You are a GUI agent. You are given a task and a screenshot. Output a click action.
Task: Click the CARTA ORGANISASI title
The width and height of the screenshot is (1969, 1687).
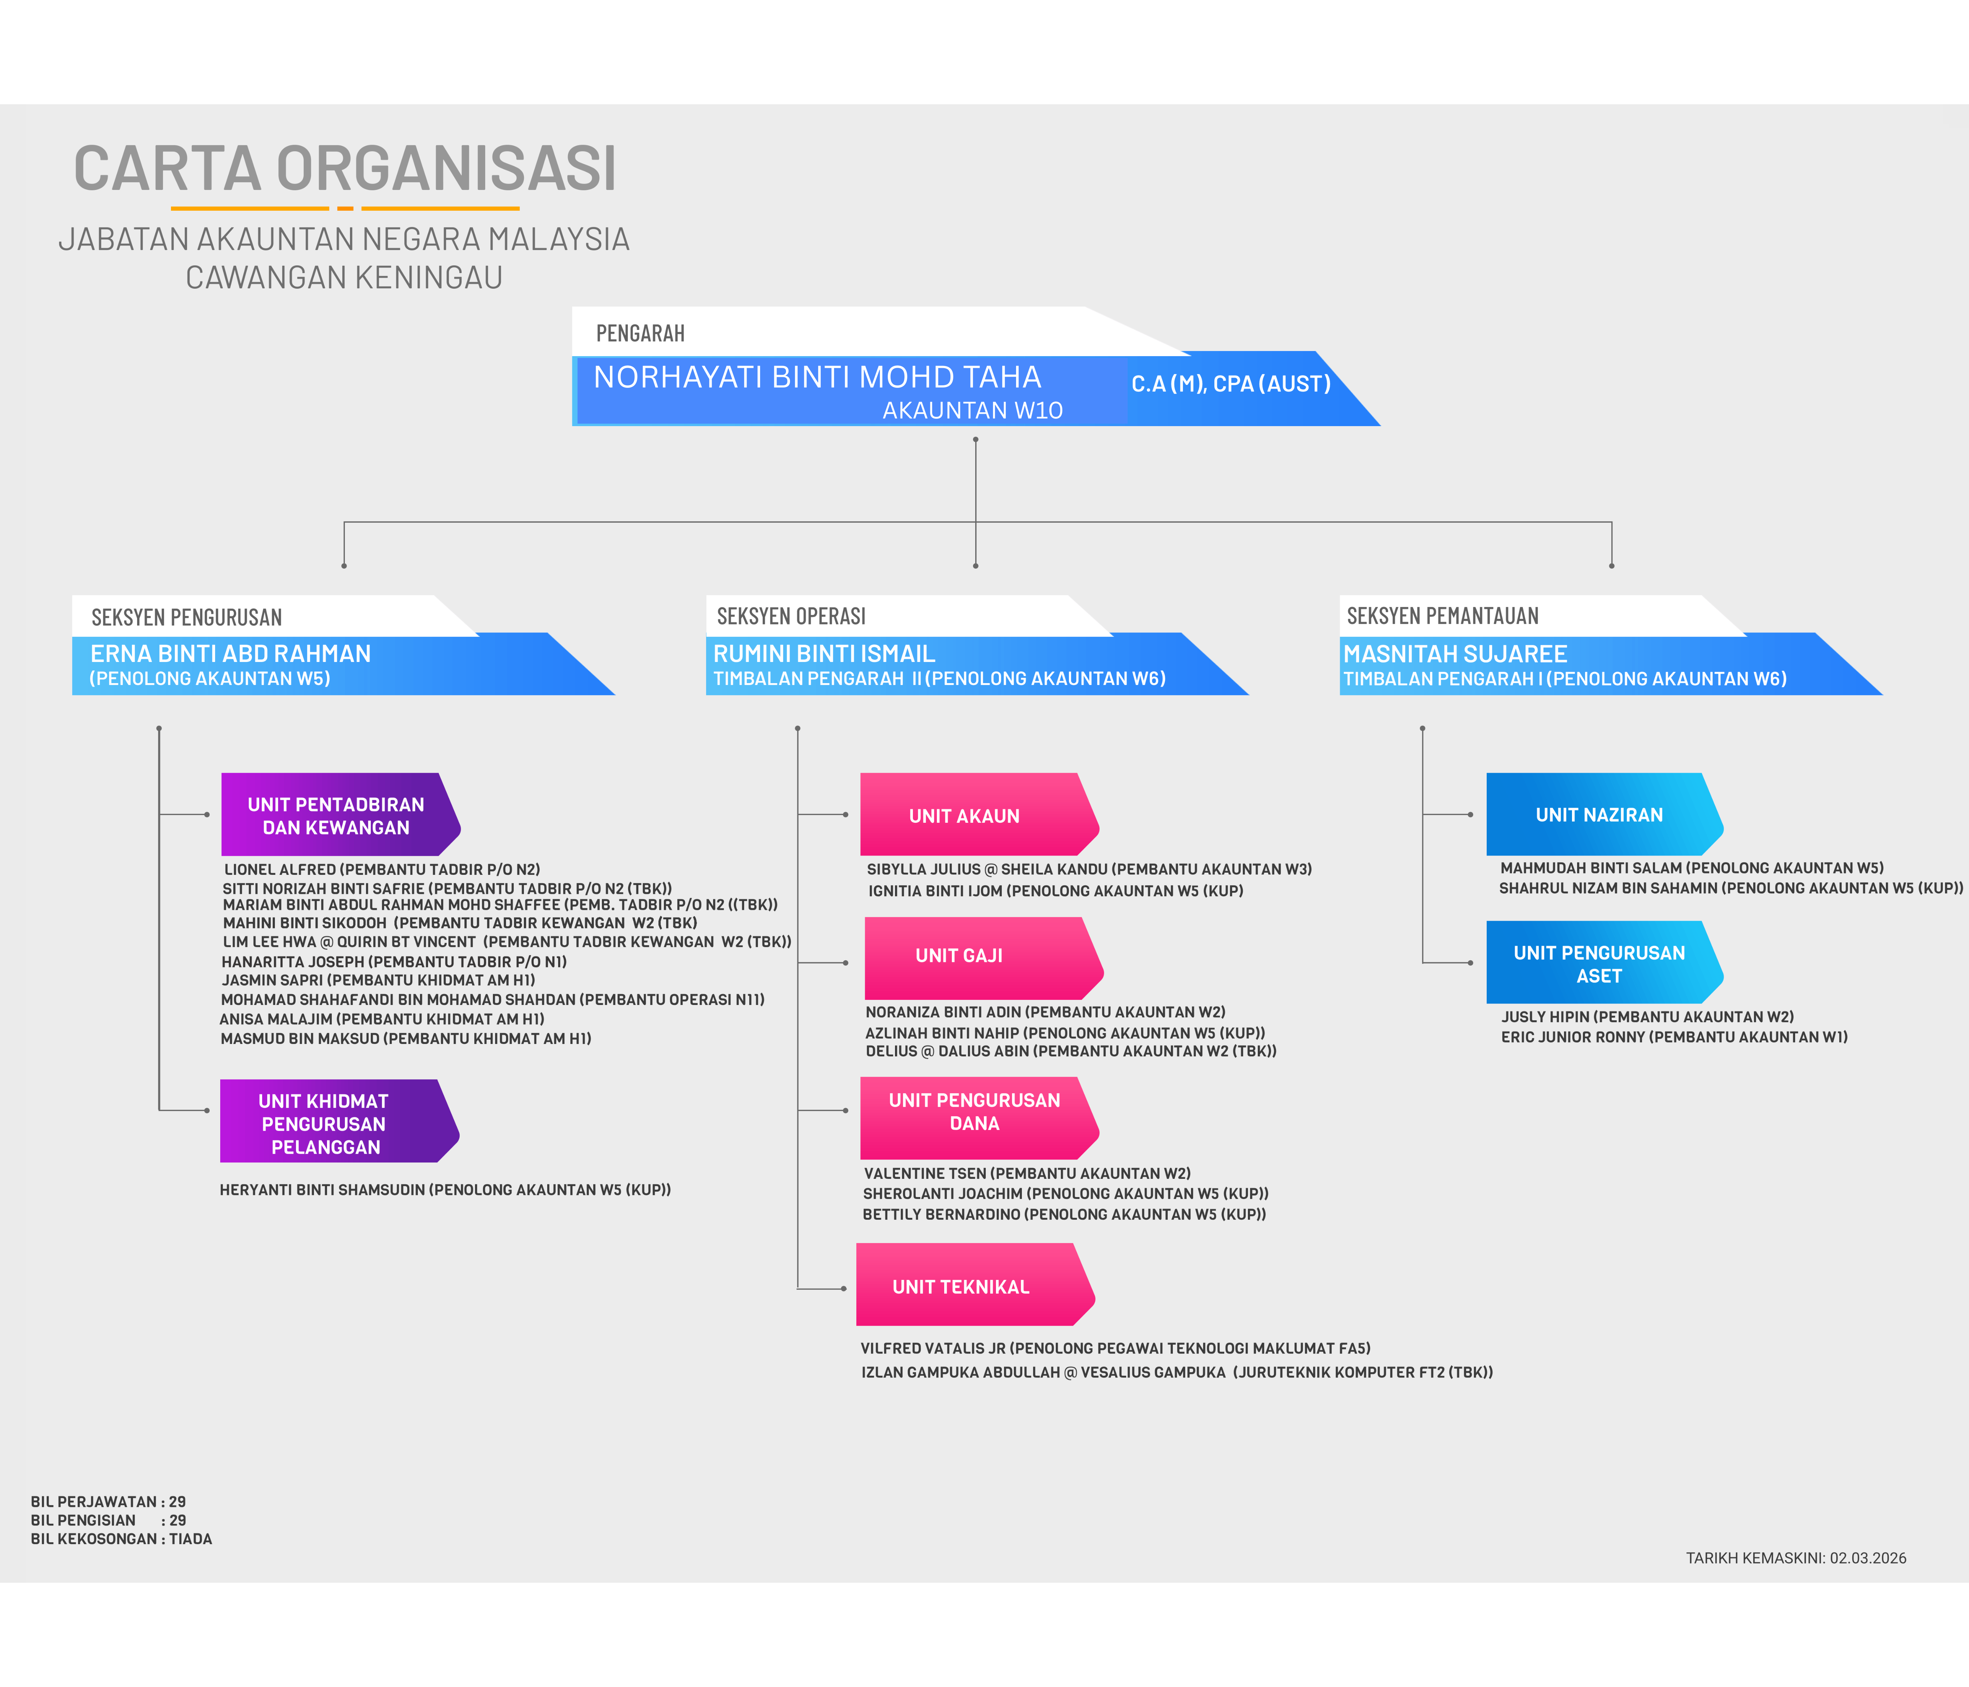(345, 169)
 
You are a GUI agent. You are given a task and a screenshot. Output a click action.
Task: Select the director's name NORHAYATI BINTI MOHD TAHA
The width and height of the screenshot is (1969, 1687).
(817, 377)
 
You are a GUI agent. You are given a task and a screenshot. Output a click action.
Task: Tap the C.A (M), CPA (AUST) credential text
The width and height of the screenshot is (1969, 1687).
(1231, 384)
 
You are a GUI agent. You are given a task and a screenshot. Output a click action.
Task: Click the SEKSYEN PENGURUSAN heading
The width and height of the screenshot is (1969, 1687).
(187, 618)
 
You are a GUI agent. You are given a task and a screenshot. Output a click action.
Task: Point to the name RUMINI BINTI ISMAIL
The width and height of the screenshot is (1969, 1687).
(824, 654)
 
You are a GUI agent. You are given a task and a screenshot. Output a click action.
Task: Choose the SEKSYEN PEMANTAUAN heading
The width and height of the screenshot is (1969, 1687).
(1443, 616)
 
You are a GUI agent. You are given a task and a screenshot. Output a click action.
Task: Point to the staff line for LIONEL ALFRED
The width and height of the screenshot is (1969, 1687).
(382, 870)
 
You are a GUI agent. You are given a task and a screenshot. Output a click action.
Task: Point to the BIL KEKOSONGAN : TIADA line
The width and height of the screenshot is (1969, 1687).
(122, 1539)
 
